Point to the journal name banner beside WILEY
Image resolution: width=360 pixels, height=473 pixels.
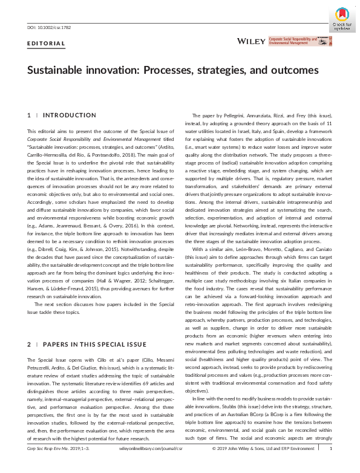point(300,41)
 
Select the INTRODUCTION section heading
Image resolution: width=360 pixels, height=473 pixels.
point(70,115)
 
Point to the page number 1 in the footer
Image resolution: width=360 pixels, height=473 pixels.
point(330,466)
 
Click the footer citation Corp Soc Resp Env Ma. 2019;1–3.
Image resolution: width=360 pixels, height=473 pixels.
point(51,466)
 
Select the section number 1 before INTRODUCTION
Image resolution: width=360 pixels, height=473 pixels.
point(28,115)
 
